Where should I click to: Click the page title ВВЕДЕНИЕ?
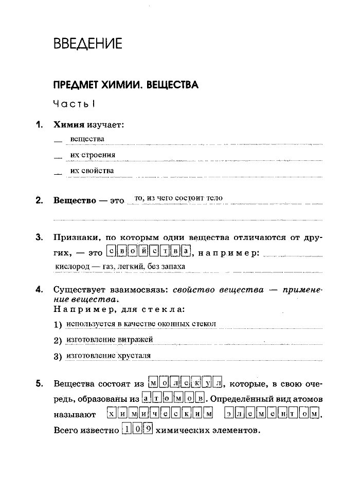pos(88,44)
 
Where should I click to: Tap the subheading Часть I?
pos(75,104)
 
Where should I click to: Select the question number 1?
pos(39,125)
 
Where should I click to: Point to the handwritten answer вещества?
pos(87,139)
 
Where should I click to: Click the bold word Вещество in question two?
pos(75,200)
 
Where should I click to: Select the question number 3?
pos(39,237)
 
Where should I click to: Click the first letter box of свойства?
pos(111,251)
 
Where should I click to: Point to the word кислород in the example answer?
pos(71,267)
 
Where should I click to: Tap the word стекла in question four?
pos(170,310)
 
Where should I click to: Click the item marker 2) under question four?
pos(58,341)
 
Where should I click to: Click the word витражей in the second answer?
pos(136,340)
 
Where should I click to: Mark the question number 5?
pos(39,384)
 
